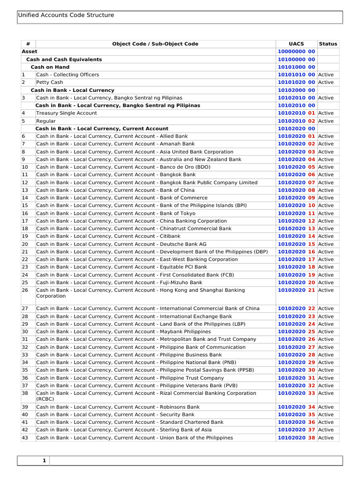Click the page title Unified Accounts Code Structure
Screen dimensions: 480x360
[x=66, y=15]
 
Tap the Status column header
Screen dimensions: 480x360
[x=328, y=44]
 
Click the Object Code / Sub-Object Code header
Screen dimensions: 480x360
[x=155, y=44]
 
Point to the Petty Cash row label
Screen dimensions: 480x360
[x=49, y=82]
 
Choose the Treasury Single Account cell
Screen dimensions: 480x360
[x=67, y=113]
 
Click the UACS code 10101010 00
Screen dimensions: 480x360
[x=296, y=75]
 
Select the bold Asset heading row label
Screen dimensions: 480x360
[x=30, y=52]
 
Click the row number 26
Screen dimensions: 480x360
[x=25, y=290]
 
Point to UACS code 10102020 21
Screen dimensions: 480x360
[x=296, y=290]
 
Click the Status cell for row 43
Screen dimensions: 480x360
[x=326, y=438]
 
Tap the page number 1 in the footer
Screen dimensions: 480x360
[x=44, y=461]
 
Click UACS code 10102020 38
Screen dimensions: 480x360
[x=296, y=438]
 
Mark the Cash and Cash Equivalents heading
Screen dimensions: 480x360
[x=64, y=60]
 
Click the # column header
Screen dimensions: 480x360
[x=28, y=44]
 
